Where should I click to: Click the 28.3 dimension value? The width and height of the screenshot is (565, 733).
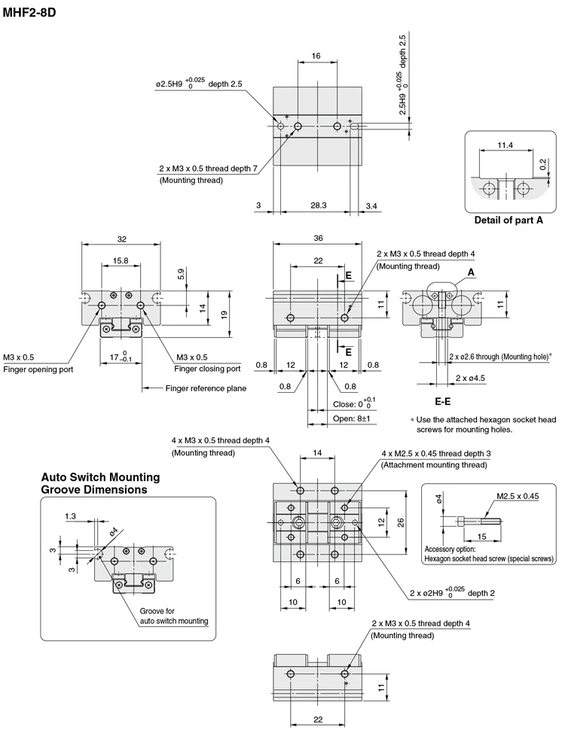pos(319,205)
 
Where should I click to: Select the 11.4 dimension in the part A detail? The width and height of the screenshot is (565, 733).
pos(505,144)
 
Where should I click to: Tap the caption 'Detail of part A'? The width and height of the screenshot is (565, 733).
pos(508,221)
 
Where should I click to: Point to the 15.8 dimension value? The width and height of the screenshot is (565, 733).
pos(121,260)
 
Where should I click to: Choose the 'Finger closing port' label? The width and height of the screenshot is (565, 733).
pos(207,369)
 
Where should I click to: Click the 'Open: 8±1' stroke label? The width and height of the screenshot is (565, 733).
pos(353,418)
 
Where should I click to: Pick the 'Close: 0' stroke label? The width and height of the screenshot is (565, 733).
pos(353,404)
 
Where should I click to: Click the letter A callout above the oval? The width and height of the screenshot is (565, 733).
pos(471,272)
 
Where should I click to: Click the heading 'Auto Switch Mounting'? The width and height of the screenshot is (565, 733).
pos(100,477)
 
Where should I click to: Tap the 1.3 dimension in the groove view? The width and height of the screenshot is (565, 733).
pos(71,516)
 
